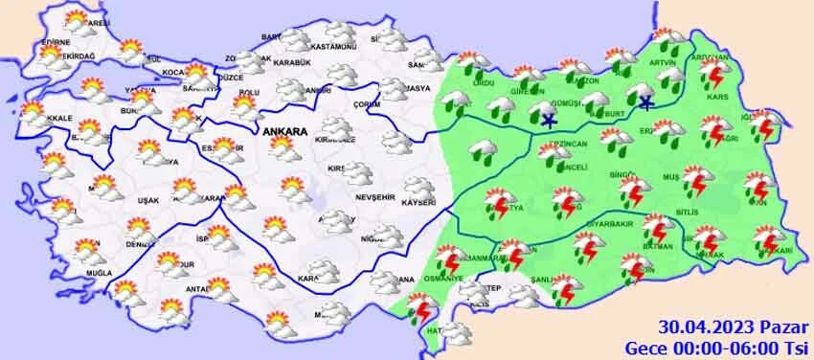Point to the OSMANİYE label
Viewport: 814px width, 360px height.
[x=444, y=279]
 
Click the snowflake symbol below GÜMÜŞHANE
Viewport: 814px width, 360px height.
[x=549, y=121]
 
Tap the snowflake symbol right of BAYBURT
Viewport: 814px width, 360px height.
[x=646, y=101]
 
